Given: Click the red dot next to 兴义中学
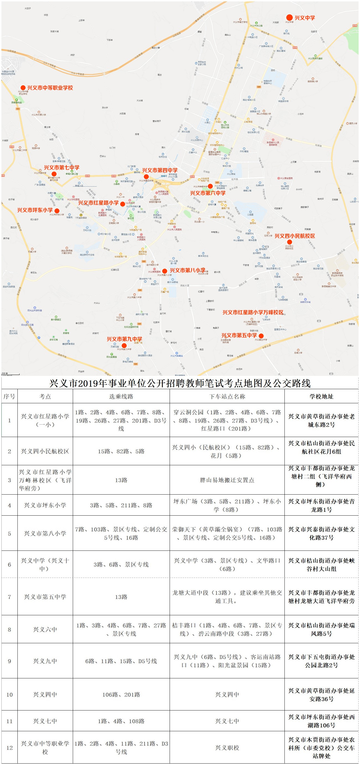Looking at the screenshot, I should point(289,18).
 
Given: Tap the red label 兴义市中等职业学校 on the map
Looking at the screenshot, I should point(50,88).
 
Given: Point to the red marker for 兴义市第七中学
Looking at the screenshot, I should point(54,174).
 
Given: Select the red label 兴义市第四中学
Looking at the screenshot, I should point(160,170).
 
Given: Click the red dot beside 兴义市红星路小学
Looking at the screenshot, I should point(123,204).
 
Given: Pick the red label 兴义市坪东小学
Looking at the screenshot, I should point(35,210).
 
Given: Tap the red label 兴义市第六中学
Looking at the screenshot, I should point(208,193).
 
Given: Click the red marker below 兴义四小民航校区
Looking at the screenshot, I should point(289,242).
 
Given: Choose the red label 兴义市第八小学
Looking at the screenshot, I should point(187,270).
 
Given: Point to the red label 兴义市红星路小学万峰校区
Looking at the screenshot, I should point(253,312).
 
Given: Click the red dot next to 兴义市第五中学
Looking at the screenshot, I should point(261,336).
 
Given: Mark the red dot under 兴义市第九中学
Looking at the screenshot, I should point(124,345).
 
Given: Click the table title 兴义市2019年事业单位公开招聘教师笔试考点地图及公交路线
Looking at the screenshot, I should point(180,383).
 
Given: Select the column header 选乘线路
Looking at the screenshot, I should point(121,396).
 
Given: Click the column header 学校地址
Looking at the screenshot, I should point(322,396).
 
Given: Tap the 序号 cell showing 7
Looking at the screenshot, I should point(9,597).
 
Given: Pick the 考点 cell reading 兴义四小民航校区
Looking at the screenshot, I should point(45,451).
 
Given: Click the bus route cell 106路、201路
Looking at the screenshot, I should point(121,695).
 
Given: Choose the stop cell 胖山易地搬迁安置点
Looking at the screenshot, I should point(227,480).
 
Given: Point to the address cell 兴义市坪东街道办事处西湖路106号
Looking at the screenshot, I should point(322,721).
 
